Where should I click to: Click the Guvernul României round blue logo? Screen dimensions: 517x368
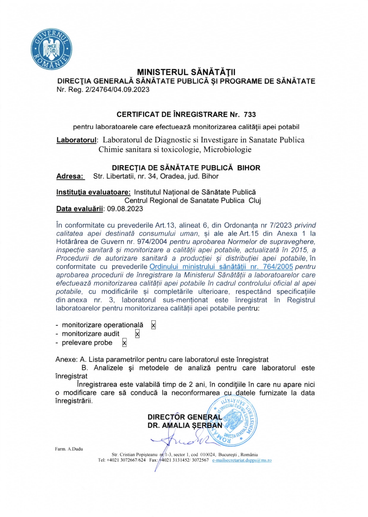coord(51,49)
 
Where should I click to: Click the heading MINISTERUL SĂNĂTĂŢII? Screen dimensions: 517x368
coord(186,72)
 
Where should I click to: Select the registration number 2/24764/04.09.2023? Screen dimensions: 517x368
coord(117,89)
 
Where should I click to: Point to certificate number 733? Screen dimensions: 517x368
coord(250,115)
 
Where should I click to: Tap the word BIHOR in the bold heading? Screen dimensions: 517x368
coord(249,168)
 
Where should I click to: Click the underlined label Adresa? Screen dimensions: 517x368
coord(70,176)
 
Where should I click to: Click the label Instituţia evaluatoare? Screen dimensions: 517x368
coord(93,192)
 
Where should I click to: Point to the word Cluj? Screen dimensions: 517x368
coord(255,201)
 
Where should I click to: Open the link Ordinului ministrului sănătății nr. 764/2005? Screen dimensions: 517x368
coord(221,267)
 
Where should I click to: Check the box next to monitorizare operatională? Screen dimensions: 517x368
coord(153,325)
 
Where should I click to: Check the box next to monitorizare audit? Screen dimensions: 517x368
coord(137,334)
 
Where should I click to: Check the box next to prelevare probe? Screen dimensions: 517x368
coord(124,343)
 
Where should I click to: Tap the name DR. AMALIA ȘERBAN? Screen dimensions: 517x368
coord(185,426)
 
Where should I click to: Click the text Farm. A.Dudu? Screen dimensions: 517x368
coord(69,449)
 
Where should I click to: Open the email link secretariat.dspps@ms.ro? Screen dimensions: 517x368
coord(242,460)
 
